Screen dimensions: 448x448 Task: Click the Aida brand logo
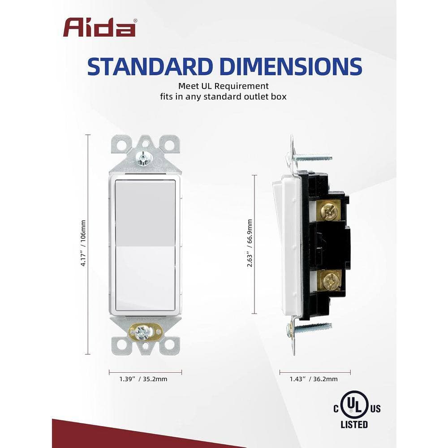(x=99, y=27)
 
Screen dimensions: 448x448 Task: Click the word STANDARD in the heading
(x=150, y=67)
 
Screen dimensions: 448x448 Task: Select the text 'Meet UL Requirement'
(x=224, y=86)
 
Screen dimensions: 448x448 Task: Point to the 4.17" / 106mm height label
(x=83, y=243)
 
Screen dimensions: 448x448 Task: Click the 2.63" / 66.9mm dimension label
(x=250, y=243)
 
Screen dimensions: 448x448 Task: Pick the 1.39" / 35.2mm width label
(x=143, y=379)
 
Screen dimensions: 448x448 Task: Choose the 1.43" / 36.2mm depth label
(x=314, y=379)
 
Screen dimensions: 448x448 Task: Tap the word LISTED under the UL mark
(x=354, y=424)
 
